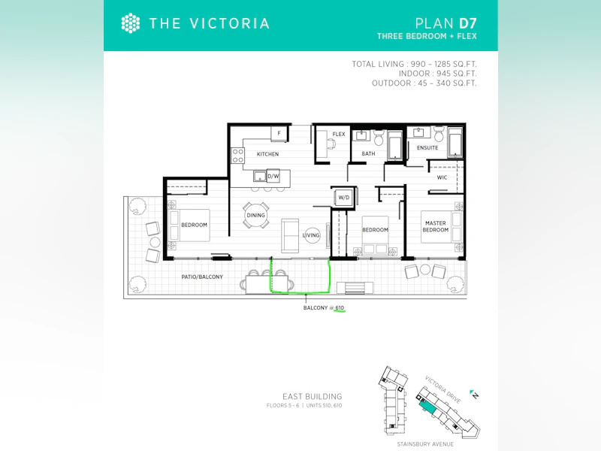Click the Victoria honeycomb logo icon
point(130,23)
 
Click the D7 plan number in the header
point(467,23)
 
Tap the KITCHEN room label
point(267,154)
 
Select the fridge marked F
point(279,133)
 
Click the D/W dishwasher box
point(273,177)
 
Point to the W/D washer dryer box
point(344,198)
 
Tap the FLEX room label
point(339,135)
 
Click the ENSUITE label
point(427,147)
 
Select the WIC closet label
point(442,177)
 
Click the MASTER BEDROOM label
point(436,226)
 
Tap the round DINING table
point(255,215)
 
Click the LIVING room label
point(311,235)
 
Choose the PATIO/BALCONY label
point(202,277)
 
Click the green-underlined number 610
point(340,308)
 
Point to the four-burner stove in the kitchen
point(237,156)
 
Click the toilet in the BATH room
point(379,138)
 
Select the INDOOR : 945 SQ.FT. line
point(438,74)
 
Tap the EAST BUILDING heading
point(312,397)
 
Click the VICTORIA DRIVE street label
point(442,389)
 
